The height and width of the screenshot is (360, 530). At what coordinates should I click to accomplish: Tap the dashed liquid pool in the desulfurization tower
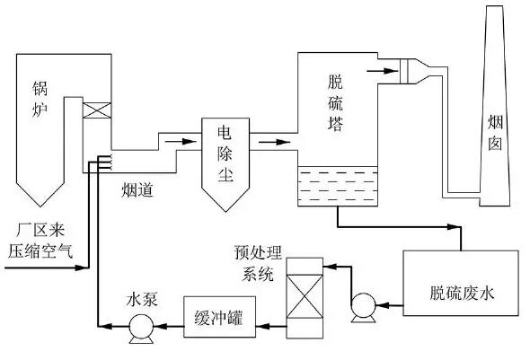click(338, 186)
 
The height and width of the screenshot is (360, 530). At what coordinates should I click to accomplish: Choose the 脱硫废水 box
click(461, 294)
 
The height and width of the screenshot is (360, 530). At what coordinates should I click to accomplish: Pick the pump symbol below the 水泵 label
click(139, 329)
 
